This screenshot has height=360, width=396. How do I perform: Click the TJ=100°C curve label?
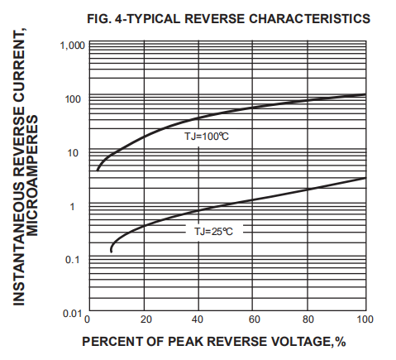[206, 135]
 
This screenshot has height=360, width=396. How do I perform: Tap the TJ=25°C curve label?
[213, 233]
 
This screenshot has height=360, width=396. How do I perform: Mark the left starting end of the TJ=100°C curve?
[98, 170]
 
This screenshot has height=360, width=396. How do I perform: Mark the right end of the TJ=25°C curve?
[365, 178]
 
